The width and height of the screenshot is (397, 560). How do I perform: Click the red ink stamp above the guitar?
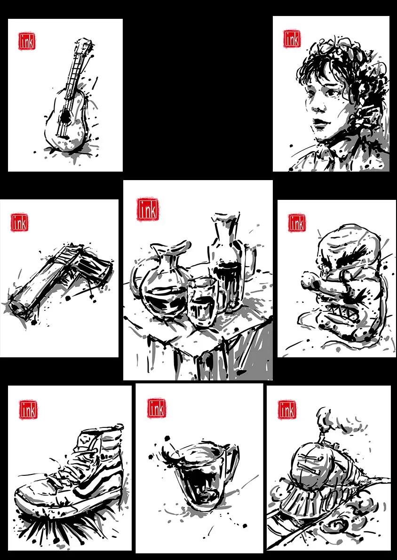[27, 41]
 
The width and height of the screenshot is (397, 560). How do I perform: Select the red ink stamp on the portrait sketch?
[292, 39]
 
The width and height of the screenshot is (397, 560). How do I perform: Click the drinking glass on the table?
[202, 302]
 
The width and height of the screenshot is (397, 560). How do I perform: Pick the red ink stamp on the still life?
[148, 209]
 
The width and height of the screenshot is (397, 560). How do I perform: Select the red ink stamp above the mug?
[157, 408]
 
